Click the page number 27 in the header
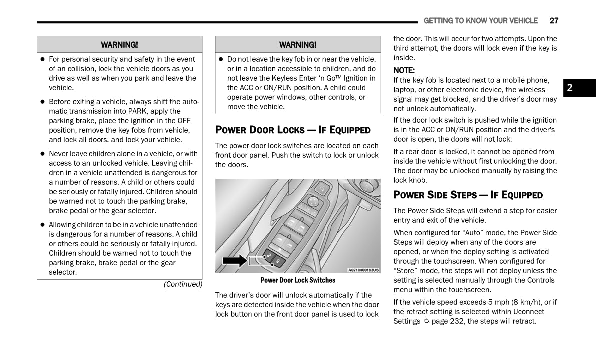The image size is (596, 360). pos(554,21)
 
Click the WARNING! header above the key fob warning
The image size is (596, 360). pos(298,45)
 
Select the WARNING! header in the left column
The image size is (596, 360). pos(119,45)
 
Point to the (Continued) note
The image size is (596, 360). pos(183,284)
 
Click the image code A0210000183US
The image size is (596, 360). pos(364,270)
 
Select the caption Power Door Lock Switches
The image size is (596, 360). pos(298,280)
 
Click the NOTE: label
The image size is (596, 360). pos(404,70)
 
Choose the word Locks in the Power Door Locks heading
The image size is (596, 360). pos(291,130)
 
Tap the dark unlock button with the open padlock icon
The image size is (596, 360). pos(269,255)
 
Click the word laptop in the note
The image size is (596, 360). pos(404,90)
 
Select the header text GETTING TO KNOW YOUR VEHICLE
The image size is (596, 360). pos(480,21)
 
